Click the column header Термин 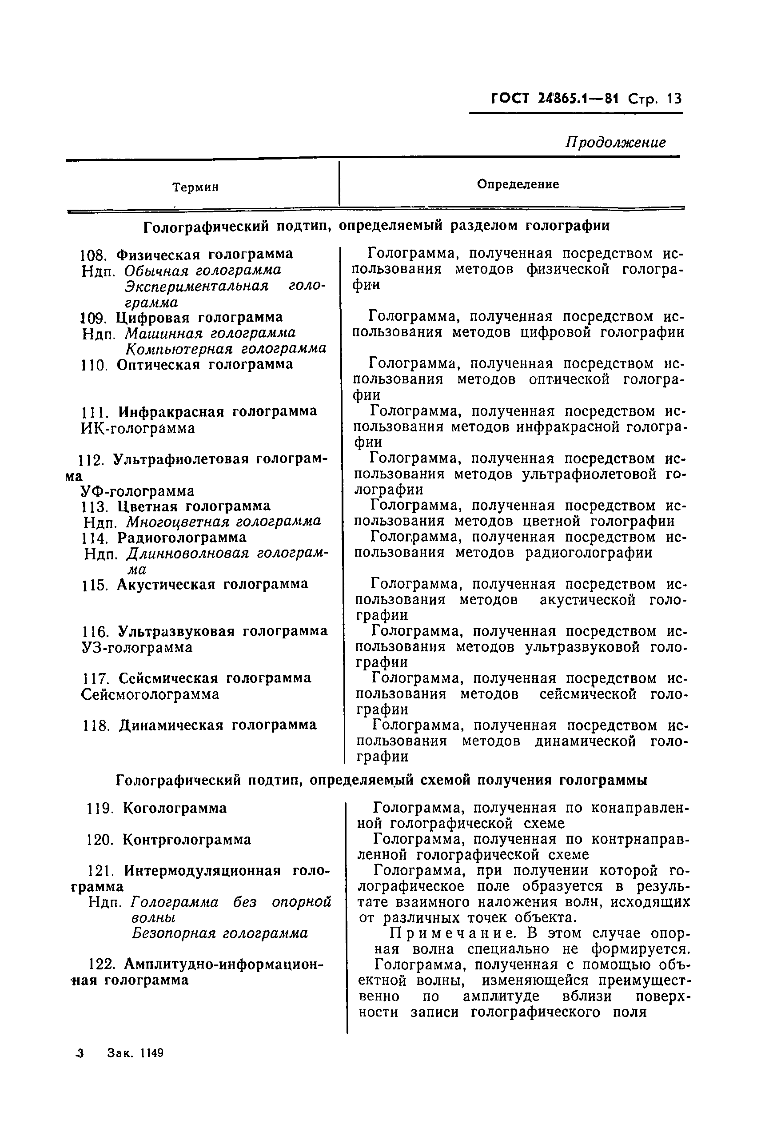pos(195,187)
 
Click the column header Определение pos(518,184)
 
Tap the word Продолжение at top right pos(615,142)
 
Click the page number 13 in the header pos(674,99)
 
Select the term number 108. pos(95,254)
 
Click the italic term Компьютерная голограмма pos(226,349)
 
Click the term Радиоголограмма pos(182,537)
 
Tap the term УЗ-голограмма pos(137,647)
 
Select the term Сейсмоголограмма pos(151,694)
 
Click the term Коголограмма pos(175,808)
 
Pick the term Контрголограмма pos(187,840)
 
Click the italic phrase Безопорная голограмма pos(219,933)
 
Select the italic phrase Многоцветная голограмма pos(224,522)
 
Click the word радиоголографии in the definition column pos(589,553)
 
